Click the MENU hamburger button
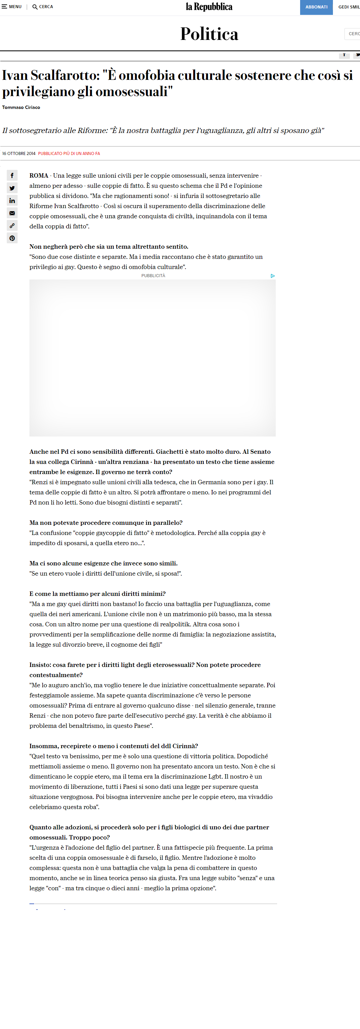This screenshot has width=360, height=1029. [12, 7]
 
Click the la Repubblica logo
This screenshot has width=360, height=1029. [209, 7]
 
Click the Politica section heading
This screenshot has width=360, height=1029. [209, 34]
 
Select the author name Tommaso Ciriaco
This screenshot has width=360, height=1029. [21, 108]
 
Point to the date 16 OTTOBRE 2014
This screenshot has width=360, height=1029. [19, 153]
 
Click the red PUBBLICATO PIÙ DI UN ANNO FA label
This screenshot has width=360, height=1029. [69, 153]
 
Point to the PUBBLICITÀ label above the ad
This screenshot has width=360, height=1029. [153, 276]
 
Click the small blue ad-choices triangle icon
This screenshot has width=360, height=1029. [272, 276]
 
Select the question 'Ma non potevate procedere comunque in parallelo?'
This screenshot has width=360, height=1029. [106, 522]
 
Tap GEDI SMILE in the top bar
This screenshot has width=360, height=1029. [349, 7]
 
